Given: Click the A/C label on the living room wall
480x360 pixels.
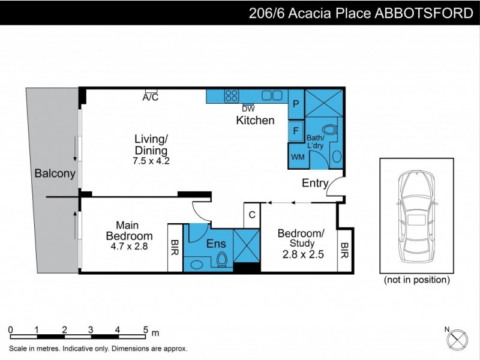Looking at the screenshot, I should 151,97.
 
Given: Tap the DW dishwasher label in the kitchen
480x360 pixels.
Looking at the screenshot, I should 248,109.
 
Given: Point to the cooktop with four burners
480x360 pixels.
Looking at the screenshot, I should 231,95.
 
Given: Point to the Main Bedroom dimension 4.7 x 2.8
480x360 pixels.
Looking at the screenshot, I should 129,246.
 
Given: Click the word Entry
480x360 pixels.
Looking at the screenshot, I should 314,184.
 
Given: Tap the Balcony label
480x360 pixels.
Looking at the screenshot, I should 55,174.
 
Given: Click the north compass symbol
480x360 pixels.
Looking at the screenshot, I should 458,338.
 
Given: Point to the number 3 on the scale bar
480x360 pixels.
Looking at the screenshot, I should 91,329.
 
